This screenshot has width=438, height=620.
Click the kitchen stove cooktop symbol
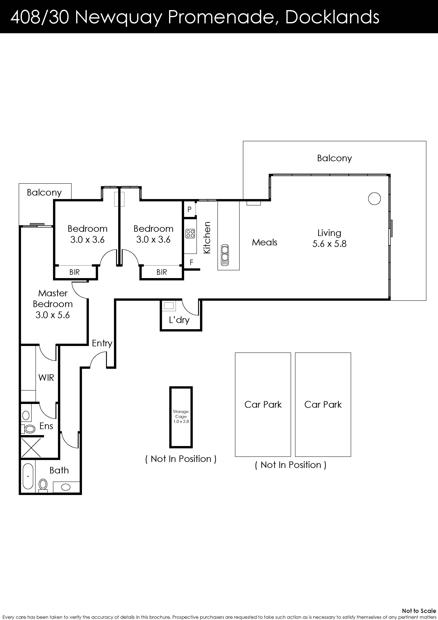[190, 233]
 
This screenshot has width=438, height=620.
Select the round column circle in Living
[374, 199]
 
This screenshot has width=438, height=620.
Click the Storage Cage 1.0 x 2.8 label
[181, 416]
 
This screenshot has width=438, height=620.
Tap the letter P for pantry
[189, 209]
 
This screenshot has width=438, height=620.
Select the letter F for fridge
[191, 262]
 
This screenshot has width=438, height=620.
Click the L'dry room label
[179, 320]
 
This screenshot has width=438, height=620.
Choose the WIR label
[46, 377]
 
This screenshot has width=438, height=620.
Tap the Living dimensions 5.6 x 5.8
[330, 244]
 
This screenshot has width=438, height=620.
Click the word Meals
[264, 242]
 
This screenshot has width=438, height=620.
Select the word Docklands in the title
[332, 17]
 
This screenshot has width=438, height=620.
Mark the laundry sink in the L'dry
[169, 306]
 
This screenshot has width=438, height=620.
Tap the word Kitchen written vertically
[207, 238]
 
